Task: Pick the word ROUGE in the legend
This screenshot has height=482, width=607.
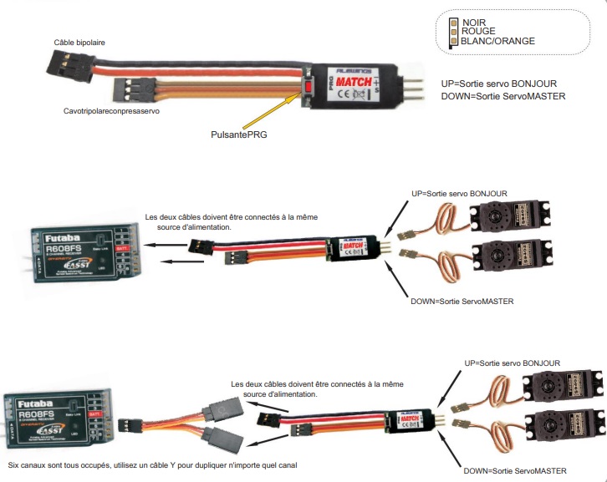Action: [478, 32]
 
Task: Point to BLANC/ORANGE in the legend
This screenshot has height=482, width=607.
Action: [497, 41]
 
